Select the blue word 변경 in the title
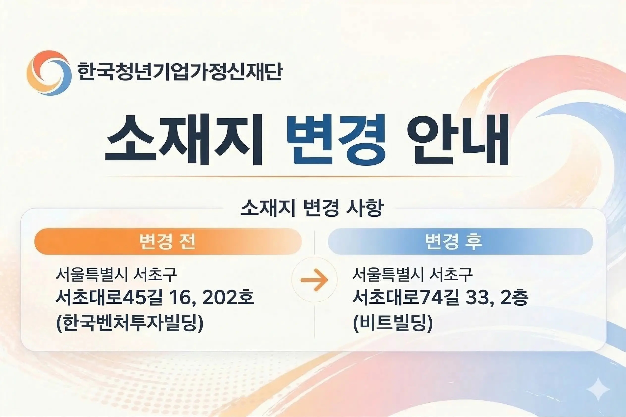(x=336, y=139)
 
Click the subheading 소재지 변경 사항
(x=312, y=208)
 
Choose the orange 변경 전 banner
(x=168, y=241)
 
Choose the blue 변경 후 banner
(x=460, y=241)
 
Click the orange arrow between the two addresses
(x=314, y=280)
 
